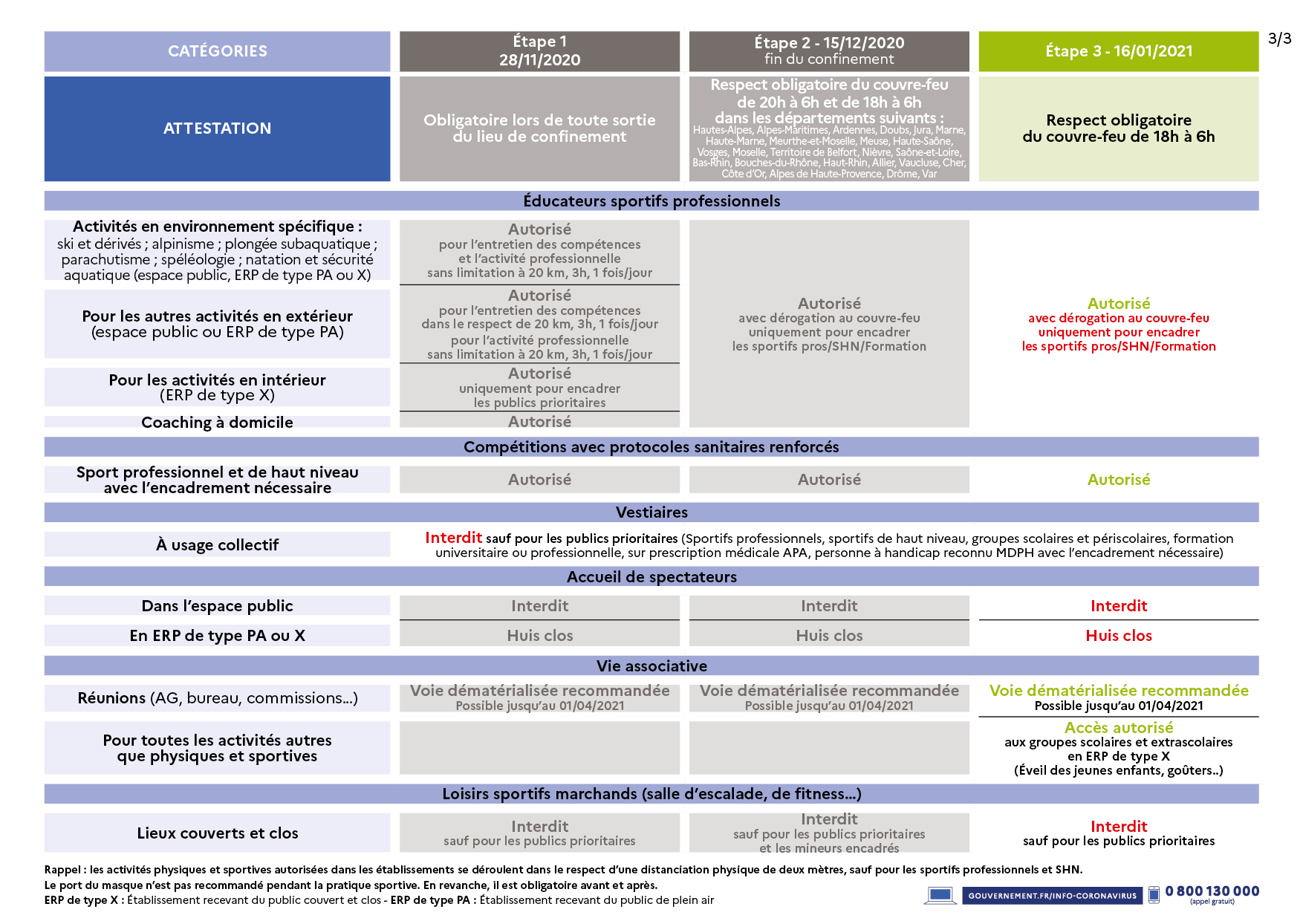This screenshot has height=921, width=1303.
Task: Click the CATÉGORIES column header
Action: point(217,51)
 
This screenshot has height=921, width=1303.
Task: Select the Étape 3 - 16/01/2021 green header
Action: point(1118,51)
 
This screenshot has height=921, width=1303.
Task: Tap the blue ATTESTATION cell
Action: point(217,128)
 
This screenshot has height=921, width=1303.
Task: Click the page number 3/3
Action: point(1279,39)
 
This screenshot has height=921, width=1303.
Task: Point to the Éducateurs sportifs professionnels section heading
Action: point(651,201)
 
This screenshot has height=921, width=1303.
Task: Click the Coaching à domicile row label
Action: point(217,423)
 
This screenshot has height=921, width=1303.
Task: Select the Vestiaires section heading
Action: point(651,512)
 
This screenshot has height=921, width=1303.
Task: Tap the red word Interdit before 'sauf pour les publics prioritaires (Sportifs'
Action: point(453,538)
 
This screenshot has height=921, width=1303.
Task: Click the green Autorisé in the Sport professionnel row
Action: point(1118,480)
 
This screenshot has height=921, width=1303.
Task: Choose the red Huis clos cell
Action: point(1118,636)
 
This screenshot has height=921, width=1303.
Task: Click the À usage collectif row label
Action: point(217,545)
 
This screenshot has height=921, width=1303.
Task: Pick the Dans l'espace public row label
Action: point(217,606)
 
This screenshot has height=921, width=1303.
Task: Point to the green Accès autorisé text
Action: point(1118,728)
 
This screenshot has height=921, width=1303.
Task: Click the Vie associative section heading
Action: point(651,666)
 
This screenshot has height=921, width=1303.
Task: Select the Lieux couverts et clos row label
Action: point(217,833)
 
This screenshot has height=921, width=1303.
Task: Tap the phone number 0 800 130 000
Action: point(1212,891)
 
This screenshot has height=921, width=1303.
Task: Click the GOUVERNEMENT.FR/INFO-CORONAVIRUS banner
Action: point(1052,896)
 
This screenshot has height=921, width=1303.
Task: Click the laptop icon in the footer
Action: point(940,895)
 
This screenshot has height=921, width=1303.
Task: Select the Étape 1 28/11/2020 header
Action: point(539,51)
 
